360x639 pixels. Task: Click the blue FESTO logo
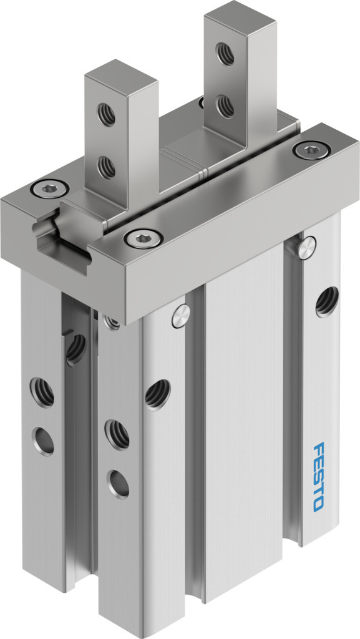319,476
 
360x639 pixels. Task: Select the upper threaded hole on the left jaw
106,115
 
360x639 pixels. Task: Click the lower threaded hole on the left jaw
106,167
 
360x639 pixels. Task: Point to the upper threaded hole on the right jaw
225,54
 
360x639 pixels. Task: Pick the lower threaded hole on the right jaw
225,106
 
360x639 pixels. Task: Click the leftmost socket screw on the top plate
50,188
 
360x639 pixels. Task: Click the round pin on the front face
180,316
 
